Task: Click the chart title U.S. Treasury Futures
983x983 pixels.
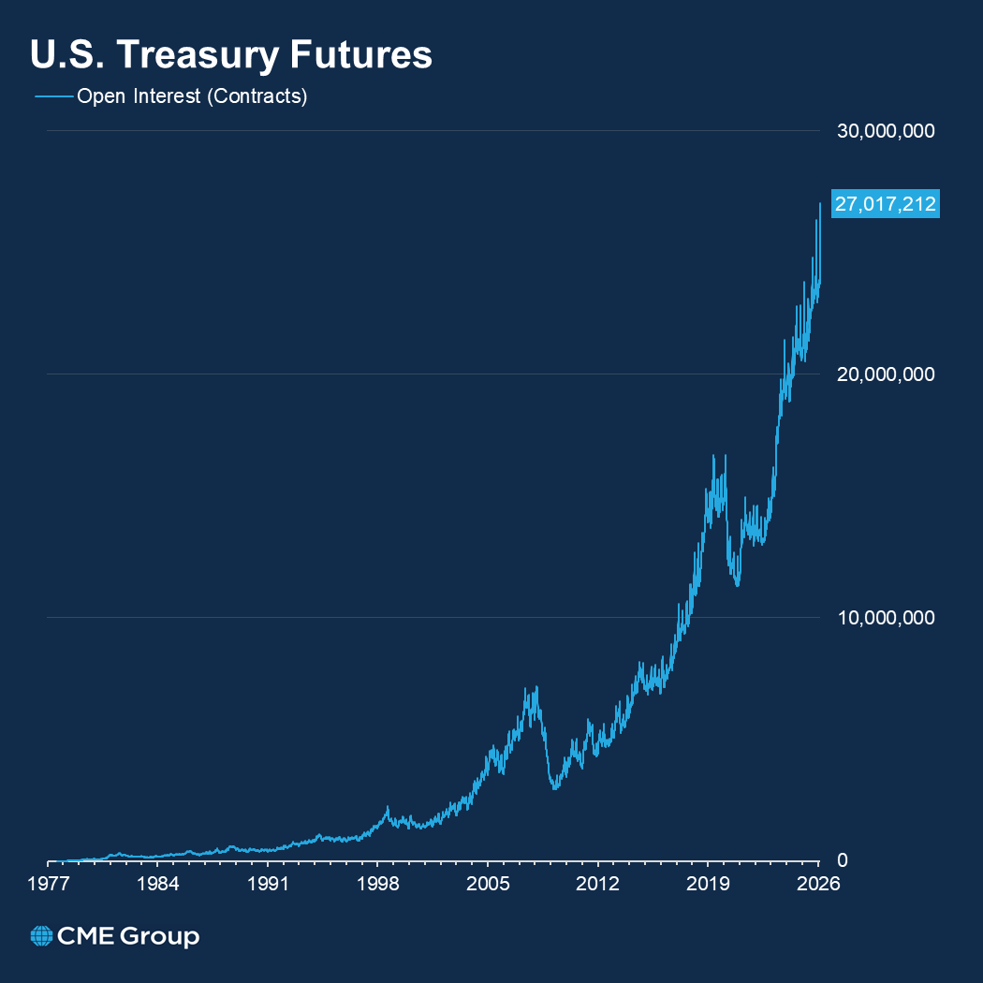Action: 231,55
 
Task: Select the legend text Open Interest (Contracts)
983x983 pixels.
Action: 192,96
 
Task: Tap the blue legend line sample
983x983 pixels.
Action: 53,96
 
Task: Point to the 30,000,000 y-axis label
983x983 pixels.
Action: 885,131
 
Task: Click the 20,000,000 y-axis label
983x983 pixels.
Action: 885,374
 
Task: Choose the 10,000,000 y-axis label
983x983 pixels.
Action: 885,618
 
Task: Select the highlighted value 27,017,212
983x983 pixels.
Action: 885,204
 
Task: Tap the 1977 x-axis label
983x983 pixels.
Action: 49,885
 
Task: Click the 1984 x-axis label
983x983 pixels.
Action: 158,885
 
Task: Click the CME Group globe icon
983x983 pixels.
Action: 41,936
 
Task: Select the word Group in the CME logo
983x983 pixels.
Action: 160,936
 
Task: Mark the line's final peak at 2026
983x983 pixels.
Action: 820,203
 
